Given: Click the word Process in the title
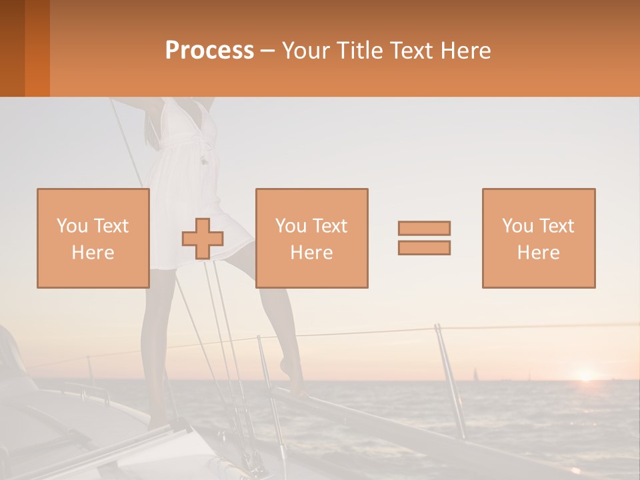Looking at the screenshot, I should (209, 51).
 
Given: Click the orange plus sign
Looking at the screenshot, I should (203, 239).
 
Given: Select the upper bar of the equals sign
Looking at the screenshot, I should (424, 228).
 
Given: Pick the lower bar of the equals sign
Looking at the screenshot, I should (424, 247).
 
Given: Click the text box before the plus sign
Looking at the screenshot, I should (93, 238).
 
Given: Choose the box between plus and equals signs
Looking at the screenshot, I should (311, 238).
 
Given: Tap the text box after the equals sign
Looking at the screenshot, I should (538, 238).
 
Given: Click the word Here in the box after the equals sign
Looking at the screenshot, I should (538, 252).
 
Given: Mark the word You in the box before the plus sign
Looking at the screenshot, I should (71, 225).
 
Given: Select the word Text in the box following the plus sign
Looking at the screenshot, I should (329, 226).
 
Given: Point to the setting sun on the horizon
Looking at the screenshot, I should (585, 376).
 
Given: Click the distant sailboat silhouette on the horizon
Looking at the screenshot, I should (475, 374).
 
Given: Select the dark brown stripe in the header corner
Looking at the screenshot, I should (12, 48).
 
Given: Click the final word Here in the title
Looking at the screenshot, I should (465, 51).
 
